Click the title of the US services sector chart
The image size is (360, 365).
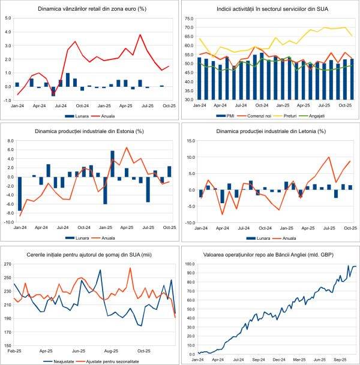[x=270, y=10]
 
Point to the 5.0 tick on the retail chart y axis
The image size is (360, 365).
[x=8, y=18]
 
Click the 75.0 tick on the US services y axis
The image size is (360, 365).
[x=188, y=18]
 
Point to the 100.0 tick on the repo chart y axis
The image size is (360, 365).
[x=187, y=264]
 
